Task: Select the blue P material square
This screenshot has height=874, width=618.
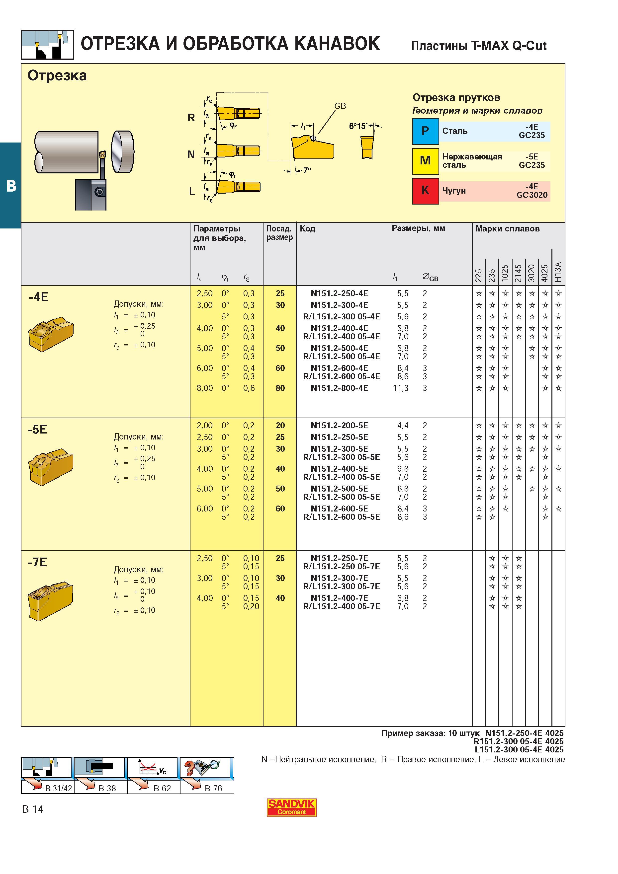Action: tap(425, 131)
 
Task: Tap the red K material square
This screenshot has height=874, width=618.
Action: tap(425, 191)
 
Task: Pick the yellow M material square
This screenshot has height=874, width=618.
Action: tap(425, 161)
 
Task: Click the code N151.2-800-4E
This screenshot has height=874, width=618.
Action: tap(339, 388)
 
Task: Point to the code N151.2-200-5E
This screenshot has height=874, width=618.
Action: tap(339, 425)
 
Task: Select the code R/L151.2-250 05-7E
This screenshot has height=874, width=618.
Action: tap(341, 566)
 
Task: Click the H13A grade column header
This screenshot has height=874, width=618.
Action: tap(558, 272)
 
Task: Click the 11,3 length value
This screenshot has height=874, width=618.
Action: tap(401, 388)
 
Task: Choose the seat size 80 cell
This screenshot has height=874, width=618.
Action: tap(280, 388)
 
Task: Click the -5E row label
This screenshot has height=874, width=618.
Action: tap(37, 429)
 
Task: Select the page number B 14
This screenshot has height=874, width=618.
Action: tap(33, 809)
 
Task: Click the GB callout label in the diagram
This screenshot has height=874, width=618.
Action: tap(340, 106)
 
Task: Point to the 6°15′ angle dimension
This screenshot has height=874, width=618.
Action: tap(358, 126)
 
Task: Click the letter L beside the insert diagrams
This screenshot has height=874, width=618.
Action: tap(192, 192)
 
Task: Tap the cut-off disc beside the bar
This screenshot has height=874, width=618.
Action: tap(123, 151)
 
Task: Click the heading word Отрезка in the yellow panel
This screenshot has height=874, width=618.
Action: tap(57, 76)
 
